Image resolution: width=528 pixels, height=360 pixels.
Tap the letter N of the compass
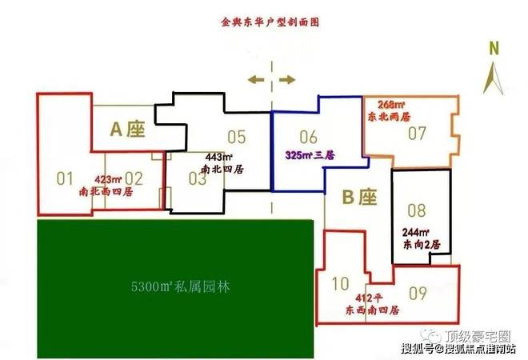(494, 49)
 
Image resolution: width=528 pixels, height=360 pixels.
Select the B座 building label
(359, 195)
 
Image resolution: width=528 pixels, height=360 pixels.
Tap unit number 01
(65, 178)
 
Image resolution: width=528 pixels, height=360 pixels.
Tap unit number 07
(417, 133)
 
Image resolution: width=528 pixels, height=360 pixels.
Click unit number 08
(417, 211)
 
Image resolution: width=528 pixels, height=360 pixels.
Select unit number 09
(418, 291)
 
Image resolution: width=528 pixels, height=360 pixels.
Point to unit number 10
(340, 282)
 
